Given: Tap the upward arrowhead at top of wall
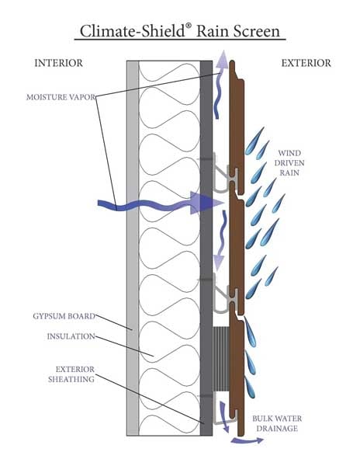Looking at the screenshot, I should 223,58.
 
